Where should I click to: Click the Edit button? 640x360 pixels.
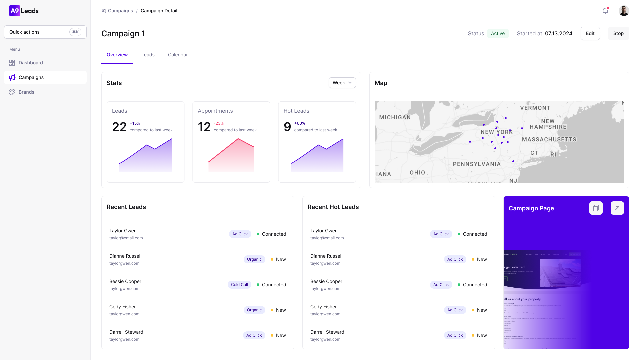(x=590, y=33)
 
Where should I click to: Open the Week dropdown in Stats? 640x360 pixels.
(x=342, y=83)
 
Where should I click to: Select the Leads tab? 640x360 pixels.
(x=148, y=55)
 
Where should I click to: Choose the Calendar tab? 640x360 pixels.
(x=178, y=55)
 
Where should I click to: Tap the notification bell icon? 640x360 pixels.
(x=605, y=11)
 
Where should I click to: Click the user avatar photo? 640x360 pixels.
(x=624, y=11)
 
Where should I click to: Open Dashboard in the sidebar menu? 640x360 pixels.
(x=31, y=63)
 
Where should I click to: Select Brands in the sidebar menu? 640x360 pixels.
(x=26, y=92)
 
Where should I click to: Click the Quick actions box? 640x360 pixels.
(x=45, y=32)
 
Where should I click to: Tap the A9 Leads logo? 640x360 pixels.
(x=24, y=11)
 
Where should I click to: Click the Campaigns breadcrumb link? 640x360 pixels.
(x=120, y=11)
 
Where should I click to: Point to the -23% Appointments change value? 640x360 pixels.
(x=219, y=123)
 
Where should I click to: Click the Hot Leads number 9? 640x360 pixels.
(x=287, y=127)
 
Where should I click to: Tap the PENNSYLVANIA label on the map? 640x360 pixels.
(x=477, y=164)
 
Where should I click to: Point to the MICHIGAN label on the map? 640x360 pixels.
(x=395, y=117)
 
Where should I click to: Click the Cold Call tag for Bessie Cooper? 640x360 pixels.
(x=239, y=285)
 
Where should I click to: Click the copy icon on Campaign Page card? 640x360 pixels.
(x=596, y=208)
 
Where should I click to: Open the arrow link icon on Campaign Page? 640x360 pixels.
(x=617, y=208)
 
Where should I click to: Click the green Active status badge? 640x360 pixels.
(x=498, y=33)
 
